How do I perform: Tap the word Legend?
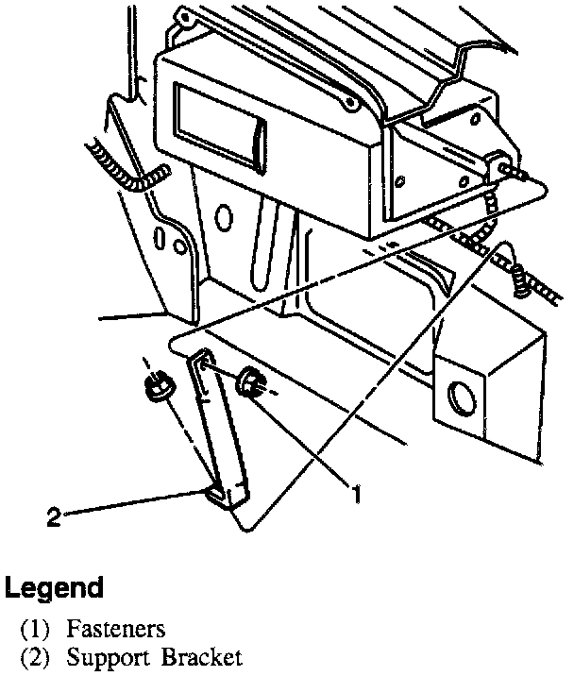(x=54, y=588)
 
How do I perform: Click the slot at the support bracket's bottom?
(x=216, y=492)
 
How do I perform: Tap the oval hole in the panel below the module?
(x=223, y=218)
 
